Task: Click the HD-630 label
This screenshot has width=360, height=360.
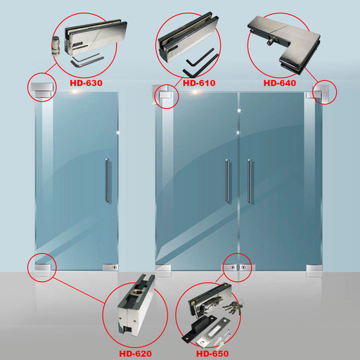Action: [x=86, y=83]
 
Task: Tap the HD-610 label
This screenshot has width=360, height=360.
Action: [x=199, y=83]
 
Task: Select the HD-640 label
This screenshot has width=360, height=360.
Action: [x=280, y=83]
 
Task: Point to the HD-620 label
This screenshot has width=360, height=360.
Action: [x=136, y=354]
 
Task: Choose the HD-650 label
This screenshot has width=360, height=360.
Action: [x=212, y=354]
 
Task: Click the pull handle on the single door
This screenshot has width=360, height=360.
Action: [x=107, y=180]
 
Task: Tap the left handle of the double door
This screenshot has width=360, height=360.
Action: [x=227, y=181]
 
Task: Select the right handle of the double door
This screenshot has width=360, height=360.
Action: [x=250, y=181]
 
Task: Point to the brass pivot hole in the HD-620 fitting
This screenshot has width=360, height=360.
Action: [x=136, y=292]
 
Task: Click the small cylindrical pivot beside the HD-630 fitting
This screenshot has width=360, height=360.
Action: [x=56, y=46]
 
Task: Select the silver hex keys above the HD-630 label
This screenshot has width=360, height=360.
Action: [x=87, y=60]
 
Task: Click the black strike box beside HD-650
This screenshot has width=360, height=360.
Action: [x=199, y=328]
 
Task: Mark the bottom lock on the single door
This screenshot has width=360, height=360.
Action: [x=110, y=267]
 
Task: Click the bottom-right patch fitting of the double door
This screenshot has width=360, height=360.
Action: [x=314, y=268]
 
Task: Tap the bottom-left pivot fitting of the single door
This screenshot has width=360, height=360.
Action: [x=43, y=267]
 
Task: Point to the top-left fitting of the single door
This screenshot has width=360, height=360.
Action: [x=43, y=90]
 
